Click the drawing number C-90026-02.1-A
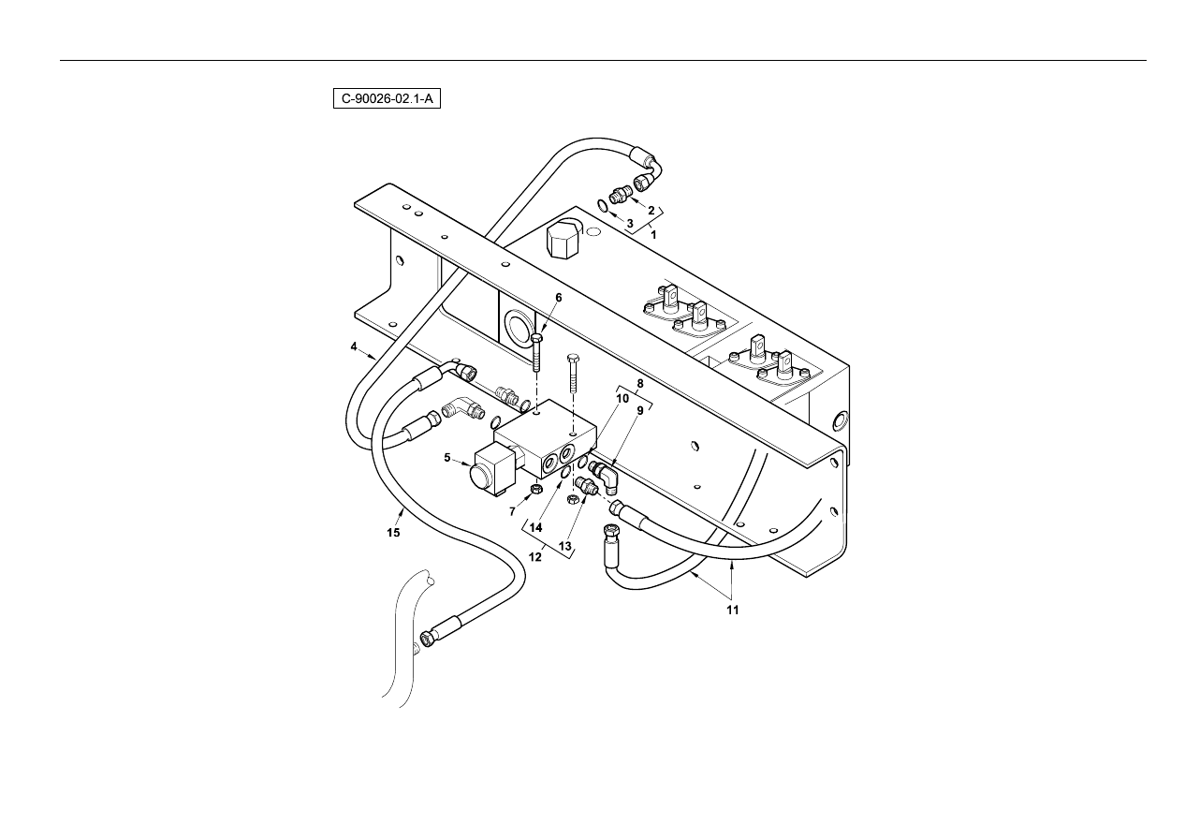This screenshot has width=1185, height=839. (x=387, y=99)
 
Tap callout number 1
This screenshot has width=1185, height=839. (x=653, y=234)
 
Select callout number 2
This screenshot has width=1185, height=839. (x=651, y=211)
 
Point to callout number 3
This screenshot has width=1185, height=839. (x=630, y=224)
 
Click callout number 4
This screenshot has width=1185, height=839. (x=354, y=346)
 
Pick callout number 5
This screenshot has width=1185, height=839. (x=447, y=457)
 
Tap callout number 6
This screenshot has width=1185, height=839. (x=559, y=298)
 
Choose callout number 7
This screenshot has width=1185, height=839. (x=512, y=512)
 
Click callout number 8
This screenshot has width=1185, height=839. (x=640, y=384)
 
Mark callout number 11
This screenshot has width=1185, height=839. (x=732, y=611)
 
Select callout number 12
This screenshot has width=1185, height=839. (x=535, y=557)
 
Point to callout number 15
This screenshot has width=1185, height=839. (x=393, y=533)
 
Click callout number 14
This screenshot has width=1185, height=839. (x=536, y=528)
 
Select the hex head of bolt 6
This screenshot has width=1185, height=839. (x=536, y=338)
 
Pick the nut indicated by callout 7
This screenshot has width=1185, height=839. (x=535, y=488)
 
